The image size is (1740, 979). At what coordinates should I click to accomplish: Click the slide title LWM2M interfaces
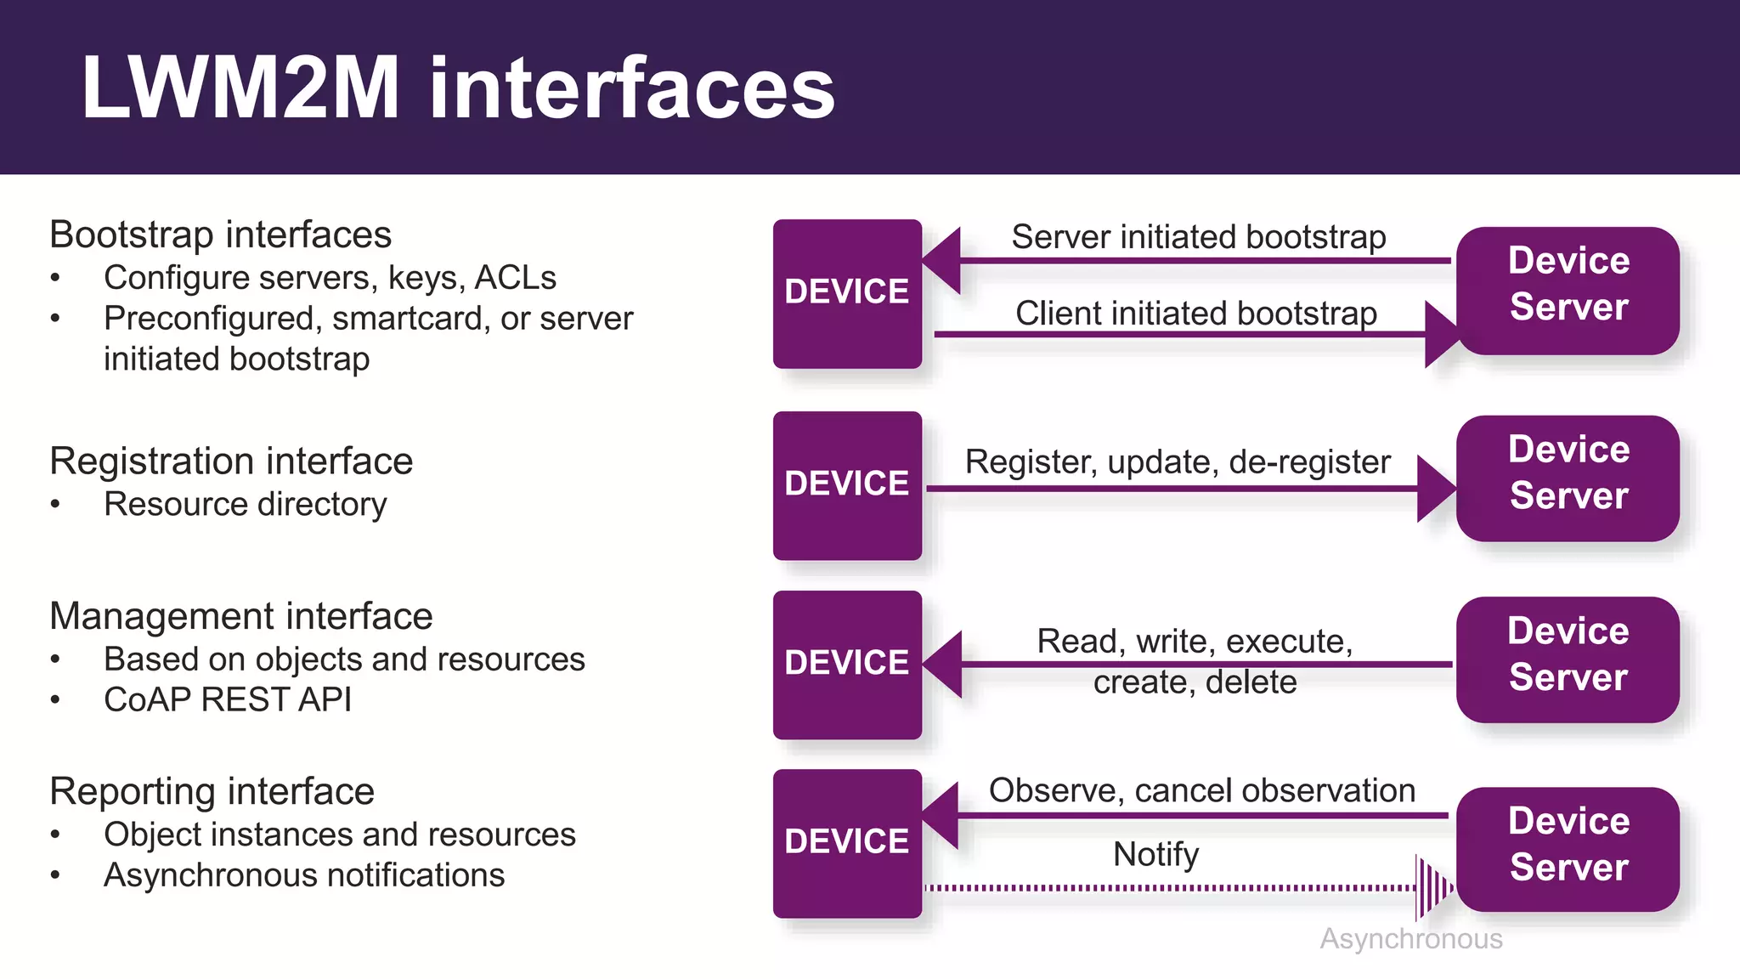[x=458, y=88]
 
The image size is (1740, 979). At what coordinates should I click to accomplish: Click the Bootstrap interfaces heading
[x=220, y=235]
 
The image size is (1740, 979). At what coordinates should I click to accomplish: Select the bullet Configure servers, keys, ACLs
[x=330, y=278]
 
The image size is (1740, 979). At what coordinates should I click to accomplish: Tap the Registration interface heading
[x=231, y=461]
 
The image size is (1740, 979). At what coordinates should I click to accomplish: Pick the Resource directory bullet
[x=245, y=504]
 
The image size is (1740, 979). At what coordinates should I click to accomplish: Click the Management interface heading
[x=241, y=616]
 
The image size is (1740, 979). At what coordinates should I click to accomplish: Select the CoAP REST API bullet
[x=227, y=699]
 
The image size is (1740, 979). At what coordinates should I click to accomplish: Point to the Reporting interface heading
[x=212, y=791]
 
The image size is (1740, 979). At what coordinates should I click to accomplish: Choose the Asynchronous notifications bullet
[x=304, y=875]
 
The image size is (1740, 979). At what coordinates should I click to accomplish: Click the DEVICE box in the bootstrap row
[x=847, y=293]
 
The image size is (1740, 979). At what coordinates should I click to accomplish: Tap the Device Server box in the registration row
[x=1568, y=478]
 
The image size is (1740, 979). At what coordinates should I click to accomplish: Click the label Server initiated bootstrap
[x=1198, y=237]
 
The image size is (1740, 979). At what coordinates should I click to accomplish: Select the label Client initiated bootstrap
[x=1195, y=314]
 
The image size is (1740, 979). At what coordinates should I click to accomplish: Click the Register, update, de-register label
[x=1178, y=462]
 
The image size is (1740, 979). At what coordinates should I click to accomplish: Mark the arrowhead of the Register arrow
[x=1435, y=489]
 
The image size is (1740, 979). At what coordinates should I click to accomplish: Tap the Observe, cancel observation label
[x=1201, y=790]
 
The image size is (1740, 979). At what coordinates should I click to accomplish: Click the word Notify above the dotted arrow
[x=1155, y=854]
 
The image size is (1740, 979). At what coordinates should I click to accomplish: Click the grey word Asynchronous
[x=1410, y=939]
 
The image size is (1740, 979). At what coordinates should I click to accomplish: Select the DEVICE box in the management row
[x=847, y=665]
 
